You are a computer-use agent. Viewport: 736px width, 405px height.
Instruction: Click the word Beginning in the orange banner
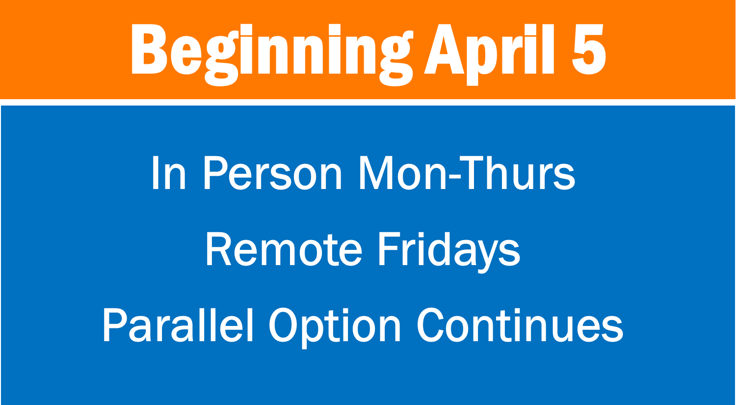(x=272, y=54)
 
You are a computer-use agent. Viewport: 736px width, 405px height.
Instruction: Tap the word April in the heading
(x=490, y=54)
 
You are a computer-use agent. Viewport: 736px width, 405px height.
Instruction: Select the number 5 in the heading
(x=589, y=49)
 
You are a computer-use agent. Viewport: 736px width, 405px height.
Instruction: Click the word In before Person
(x=169, y=173)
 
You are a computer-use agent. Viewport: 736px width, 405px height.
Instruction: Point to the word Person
(x=273, y=173)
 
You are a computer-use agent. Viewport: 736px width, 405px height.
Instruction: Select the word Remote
(x=284, y=249)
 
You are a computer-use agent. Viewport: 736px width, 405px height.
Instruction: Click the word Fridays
(x=449, y=251)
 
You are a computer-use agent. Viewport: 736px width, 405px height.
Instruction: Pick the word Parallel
(x=178, y=325)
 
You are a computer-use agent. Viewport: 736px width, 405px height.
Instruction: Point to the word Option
(x=335, y=327)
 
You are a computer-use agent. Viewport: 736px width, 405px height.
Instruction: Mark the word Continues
(x=520, y=325)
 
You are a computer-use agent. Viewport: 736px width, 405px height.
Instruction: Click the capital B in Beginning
(x=149, y=49)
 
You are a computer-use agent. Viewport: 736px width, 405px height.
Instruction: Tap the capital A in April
(x=444, y=49)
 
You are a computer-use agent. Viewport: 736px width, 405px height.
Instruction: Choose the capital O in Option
(x=285, y=325)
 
